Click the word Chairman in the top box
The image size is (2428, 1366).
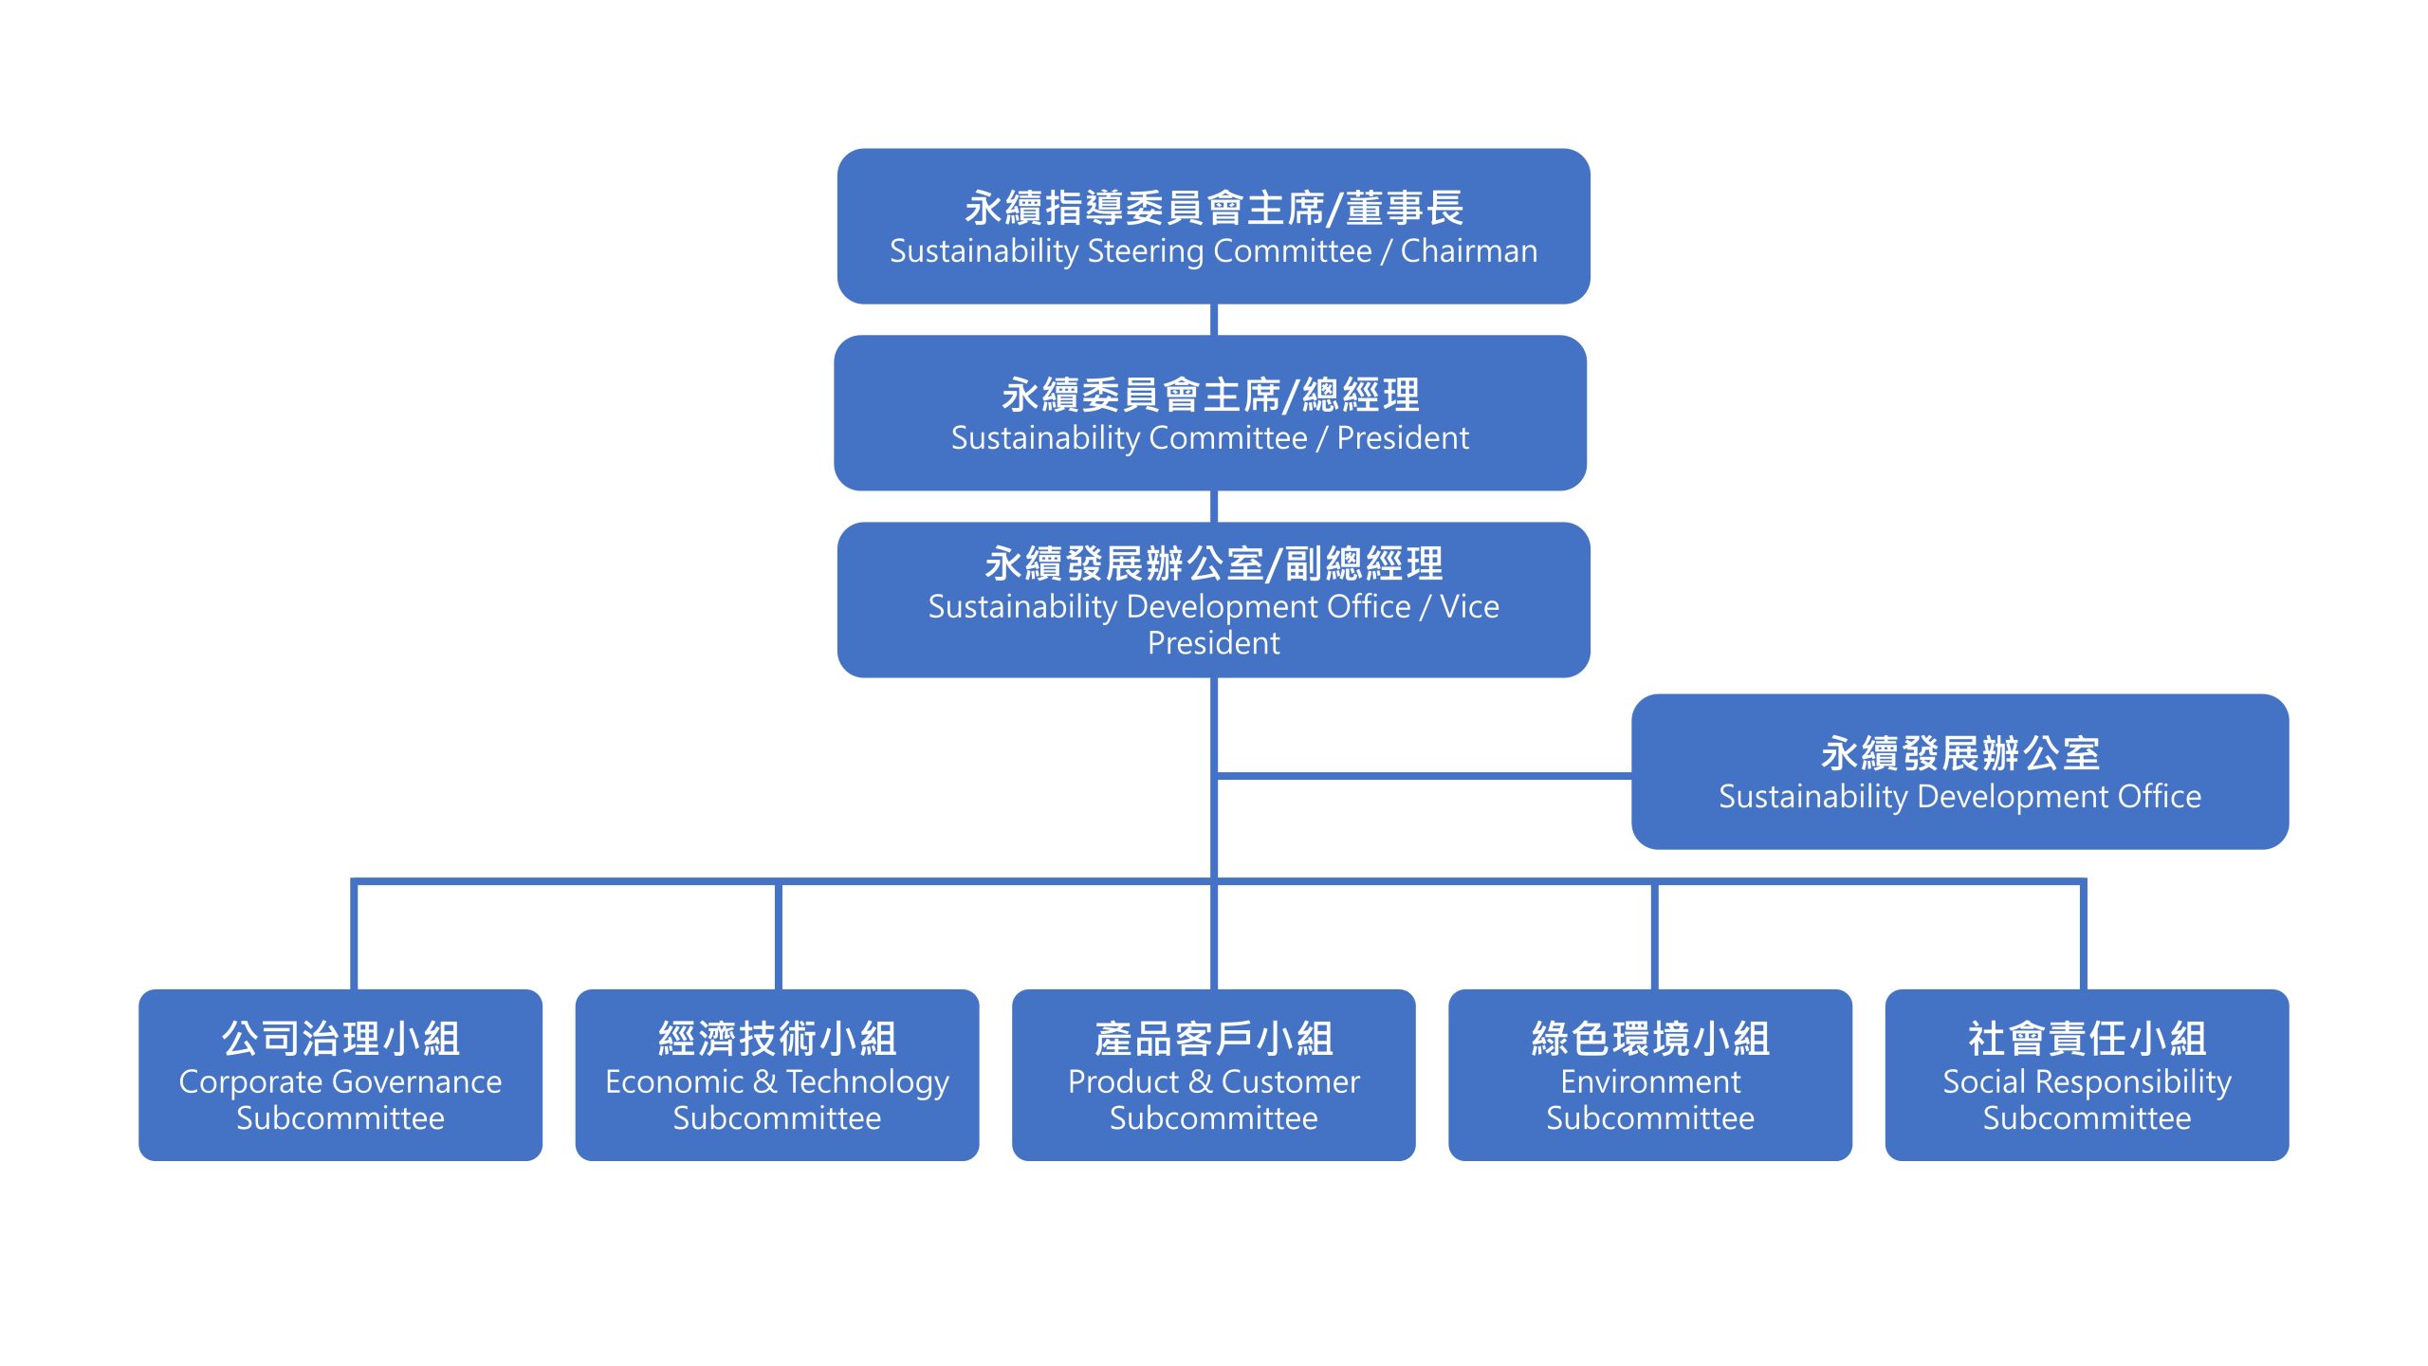pos(1469,251)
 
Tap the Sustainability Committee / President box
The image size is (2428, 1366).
pos(1210,413)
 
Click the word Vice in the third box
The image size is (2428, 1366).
pos(1469,607)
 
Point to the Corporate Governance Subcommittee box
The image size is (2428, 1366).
pos(340,1074)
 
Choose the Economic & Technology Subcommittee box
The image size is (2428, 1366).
pos(777,1074)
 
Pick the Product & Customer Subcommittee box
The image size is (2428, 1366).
pos(1213,1074)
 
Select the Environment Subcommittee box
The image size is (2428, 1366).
pos(1650,1074)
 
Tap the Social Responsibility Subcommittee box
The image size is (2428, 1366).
pos(2087,1074)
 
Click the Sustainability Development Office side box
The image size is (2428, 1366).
pos(1959,771)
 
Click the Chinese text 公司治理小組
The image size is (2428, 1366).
pos(340,1039)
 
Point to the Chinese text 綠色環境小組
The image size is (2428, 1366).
pos(1650,1039)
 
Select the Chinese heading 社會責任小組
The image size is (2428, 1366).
pos(2087,1039)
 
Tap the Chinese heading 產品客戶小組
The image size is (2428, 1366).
pos(1213,1039)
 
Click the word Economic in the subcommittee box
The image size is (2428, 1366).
pos(674,1082)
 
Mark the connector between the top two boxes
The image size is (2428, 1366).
pos(1214,320)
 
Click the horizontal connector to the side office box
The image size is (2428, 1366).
pos(1423,776)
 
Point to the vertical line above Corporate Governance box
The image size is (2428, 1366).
pos(354,934)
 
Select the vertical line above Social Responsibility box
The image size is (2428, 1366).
pos(2083,934)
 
